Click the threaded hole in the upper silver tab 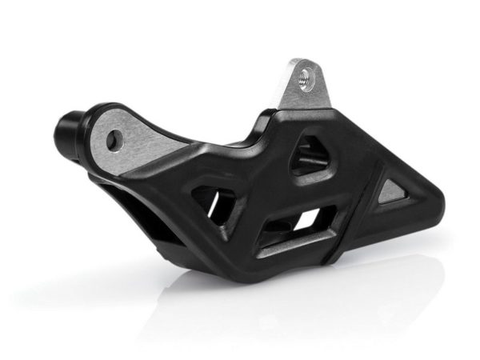click(303, 78)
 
